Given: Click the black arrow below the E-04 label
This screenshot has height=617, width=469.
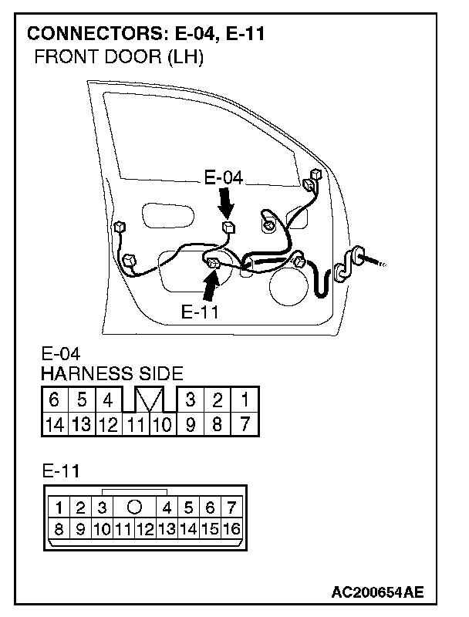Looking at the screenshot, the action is pos(226,203).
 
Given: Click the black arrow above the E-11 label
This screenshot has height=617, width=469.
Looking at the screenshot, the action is pos(211,286).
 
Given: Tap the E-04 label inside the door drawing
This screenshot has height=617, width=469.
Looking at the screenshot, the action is pos(224,178).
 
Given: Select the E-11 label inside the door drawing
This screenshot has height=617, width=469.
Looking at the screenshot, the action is pos(200,312).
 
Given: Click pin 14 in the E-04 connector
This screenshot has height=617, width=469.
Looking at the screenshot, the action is pos(55,425).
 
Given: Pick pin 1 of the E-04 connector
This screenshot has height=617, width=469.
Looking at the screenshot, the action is pos(245,400).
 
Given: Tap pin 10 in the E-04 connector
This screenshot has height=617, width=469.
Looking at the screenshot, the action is pos(163,425).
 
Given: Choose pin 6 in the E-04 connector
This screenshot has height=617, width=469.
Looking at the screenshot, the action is pos(54,400).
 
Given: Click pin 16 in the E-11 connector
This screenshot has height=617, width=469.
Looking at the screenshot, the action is pos(231,529).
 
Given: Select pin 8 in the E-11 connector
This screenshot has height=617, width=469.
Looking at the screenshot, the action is pos(59,529).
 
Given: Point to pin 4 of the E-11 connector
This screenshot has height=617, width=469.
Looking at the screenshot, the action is pos(167,508).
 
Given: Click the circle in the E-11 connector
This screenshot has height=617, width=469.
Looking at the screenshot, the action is pos(134,507).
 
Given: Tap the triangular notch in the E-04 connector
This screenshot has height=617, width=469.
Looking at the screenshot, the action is pos(149,400).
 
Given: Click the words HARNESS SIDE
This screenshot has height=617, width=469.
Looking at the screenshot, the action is pos(112,373).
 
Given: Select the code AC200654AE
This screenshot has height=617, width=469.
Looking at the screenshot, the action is pos(377,592).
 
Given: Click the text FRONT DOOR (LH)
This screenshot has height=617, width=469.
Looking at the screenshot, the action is pos(120,57).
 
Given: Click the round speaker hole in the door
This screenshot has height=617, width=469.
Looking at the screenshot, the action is pos(288,286).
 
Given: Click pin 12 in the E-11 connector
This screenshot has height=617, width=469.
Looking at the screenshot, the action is pos(145,529).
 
